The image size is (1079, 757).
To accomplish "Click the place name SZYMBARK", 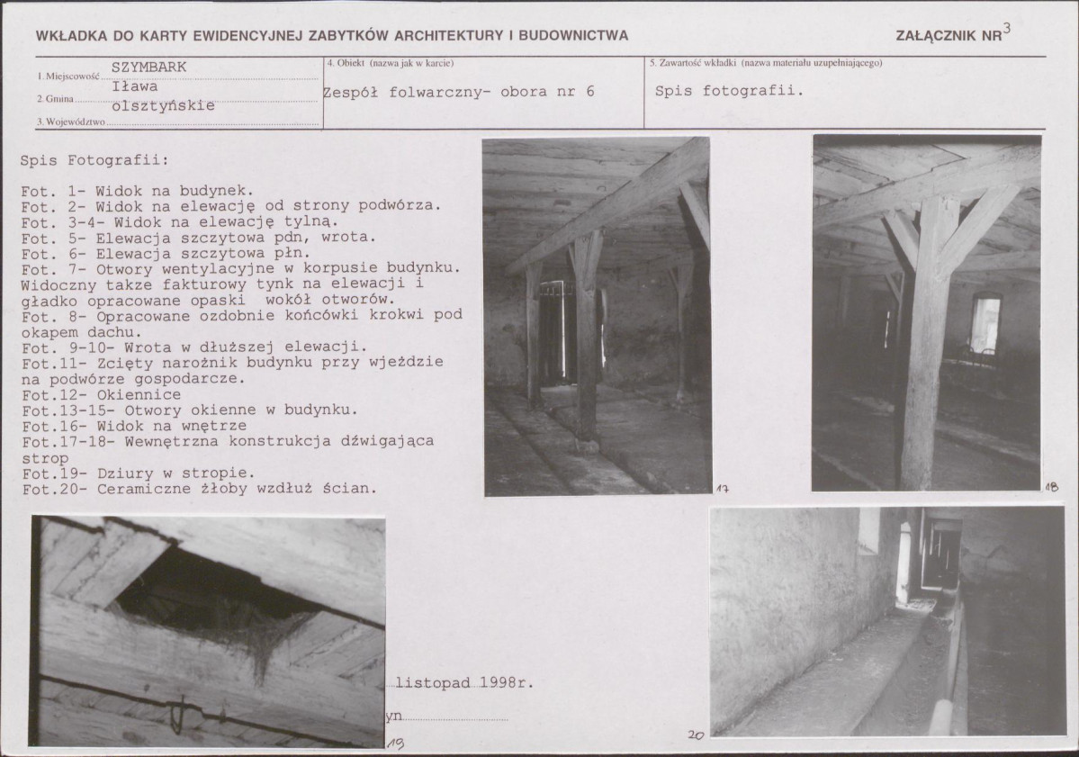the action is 148,67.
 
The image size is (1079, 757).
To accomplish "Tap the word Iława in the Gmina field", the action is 135,86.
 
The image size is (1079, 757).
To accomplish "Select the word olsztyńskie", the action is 163,106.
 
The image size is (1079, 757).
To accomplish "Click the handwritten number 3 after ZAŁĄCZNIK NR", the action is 1007,28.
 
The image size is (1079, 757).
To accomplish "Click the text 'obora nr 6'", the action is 547,92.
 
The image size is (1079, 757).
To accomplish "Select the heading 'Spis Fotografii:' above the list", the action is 94,160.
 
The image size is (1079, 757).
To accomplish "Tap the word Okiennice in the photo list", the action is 139,395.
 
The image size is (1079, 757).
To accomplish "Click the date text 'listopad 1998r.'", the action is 465,683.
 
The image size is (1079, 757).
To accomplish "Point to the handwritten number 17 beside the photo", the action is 722,490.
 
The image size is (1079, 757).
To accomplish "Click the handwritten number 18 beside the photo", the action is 1051,487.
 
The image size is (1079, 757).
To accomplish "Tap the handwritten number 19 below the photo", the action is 396,743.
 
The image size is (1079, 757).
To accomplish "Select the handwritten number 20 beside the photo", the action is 696,735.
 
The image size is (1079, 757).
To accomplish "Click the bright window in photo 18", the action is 985,322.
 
